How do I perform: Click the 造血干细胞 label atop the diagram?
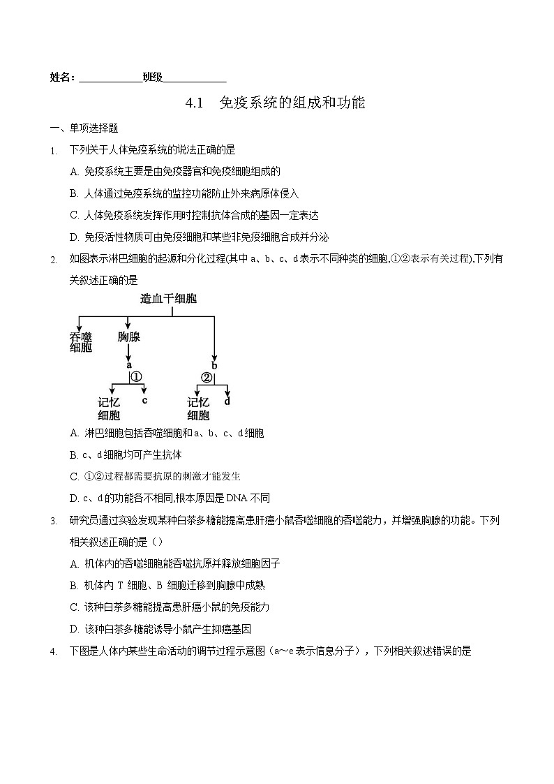168,299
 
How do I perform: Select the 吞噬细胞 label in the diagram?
81,341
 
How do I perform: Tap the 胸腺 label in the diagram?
128,337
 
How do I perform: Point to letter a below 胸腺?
128,364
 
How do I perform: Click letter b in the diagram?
214,365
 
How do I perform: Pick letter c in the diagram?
144,400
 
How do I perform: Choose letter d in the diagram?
227,401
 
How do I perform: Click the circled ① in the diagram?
136,377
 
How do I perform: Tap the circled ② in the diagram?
207,378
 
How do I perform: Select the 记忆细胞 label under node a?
110,408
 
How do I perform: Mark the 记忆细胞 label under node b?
198,408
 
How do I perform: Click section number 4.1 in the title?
193,103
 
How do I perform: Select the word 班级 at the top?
152,77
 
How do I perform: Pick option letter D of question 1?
74,237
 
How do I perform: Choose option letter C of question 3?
74,607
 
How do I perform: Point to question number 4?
53,651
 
